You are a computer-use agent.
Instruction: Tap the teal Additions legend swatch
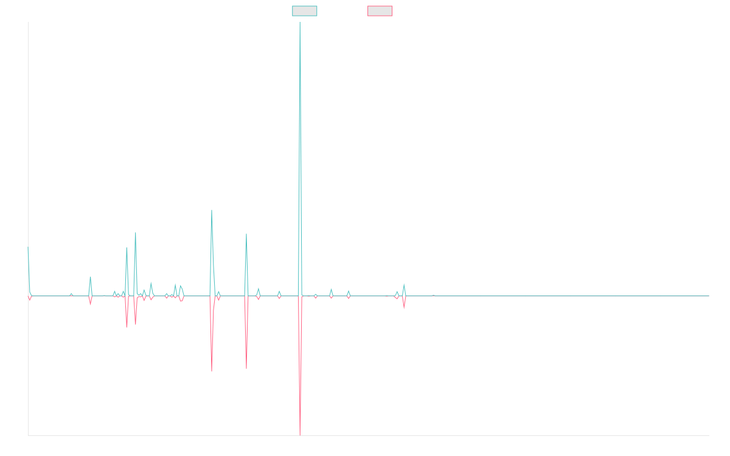coord(305,11)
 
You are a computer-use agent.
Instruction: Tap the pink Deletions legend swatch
coord(380,11)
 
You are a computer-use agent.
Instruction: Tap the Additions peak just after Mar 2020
coord(212,210)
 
